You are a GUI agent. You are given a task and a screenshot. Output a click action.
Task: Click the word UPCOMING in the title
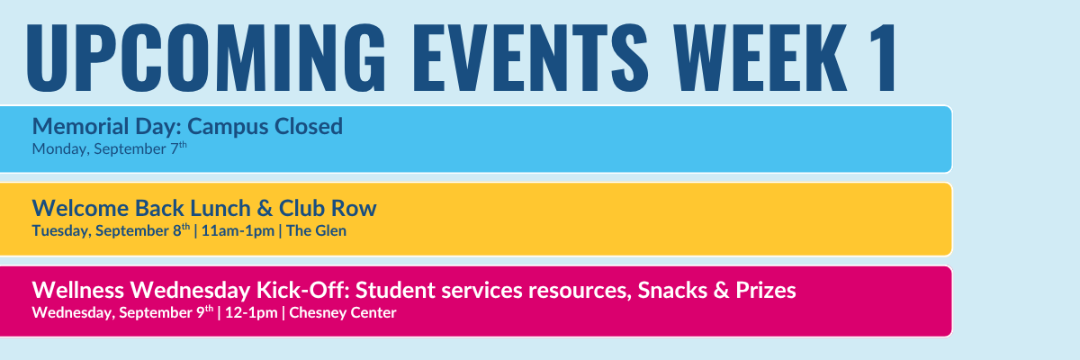(x=206, y=58)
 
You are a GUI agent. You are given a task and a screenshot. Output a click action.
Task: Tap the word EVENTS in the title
(x=530, y=58)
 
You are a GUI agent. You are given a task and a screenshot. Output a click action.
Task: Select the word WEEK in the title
(x=760, y=58)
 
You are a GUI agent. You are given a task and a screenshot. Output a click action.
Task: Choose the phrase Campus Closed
(x=265, y=127)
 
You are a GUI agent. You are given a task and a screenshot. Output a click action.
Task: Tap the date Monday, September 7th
(x=110, y=148)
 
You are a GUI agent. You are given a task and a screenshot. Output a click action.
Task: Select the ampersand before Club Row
(x=265, y=208)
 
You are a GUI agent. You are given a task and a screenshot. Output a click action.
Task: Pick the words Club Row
(x=328, y=208)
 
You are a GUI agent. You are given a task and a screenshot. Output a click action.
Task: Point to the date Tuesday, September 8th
(x=111, y=229)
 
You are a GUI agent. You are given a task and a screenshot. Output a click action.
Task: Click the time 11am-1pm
(x=238, y=230)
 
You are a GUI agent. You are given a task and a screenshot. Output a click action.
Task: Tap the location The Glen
(x=316, y=230)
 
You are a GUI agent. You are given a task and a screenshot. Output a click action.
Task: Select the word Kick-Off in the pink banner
(x=302, y=290)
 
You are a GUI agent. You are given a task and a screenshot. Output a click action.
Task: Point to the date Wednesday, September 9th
(x=122, y=311)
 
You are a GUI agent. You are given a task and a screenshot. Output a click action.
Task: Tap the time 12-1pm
(x=251, y=312)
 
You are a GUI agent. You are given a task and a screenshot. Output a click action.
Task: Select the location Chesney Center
(x=343, y=312)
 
